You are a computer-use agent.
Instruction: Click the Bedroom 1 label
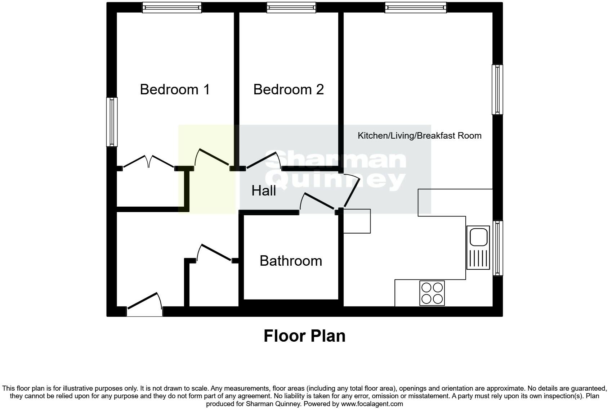(175, 89)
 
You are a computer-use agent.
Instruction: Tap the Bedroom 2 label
(289, 89)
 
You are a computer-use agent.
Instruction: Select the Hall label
(264, 190)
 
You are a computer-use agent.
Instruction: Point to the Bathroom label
(291, 261)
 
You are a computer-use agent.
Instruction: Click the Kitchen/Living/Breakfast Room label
(419, 136)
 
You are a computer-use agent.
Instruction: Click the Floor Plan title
(304, 336)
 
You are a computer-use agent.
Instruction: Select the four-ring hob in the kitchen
(432, 293)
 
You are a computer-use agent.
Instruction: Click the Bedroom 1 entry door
(213, 158)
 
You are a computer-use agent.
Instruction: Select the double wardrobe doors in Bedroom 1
(149, 162)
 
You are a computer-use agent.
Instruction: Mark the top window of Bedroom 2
(291, 8)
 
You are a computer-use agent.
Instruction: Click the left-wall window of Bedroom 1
(112, 122)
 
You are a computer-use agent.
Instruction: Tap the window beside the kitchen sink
(497, 248)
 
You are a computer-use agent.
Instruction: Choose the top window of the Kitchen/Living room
(416, 8)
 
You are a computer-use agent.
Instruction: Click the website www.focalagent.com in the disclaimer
(372, 404)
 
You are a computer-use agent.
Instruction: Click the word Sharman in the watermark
(335, 160)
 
